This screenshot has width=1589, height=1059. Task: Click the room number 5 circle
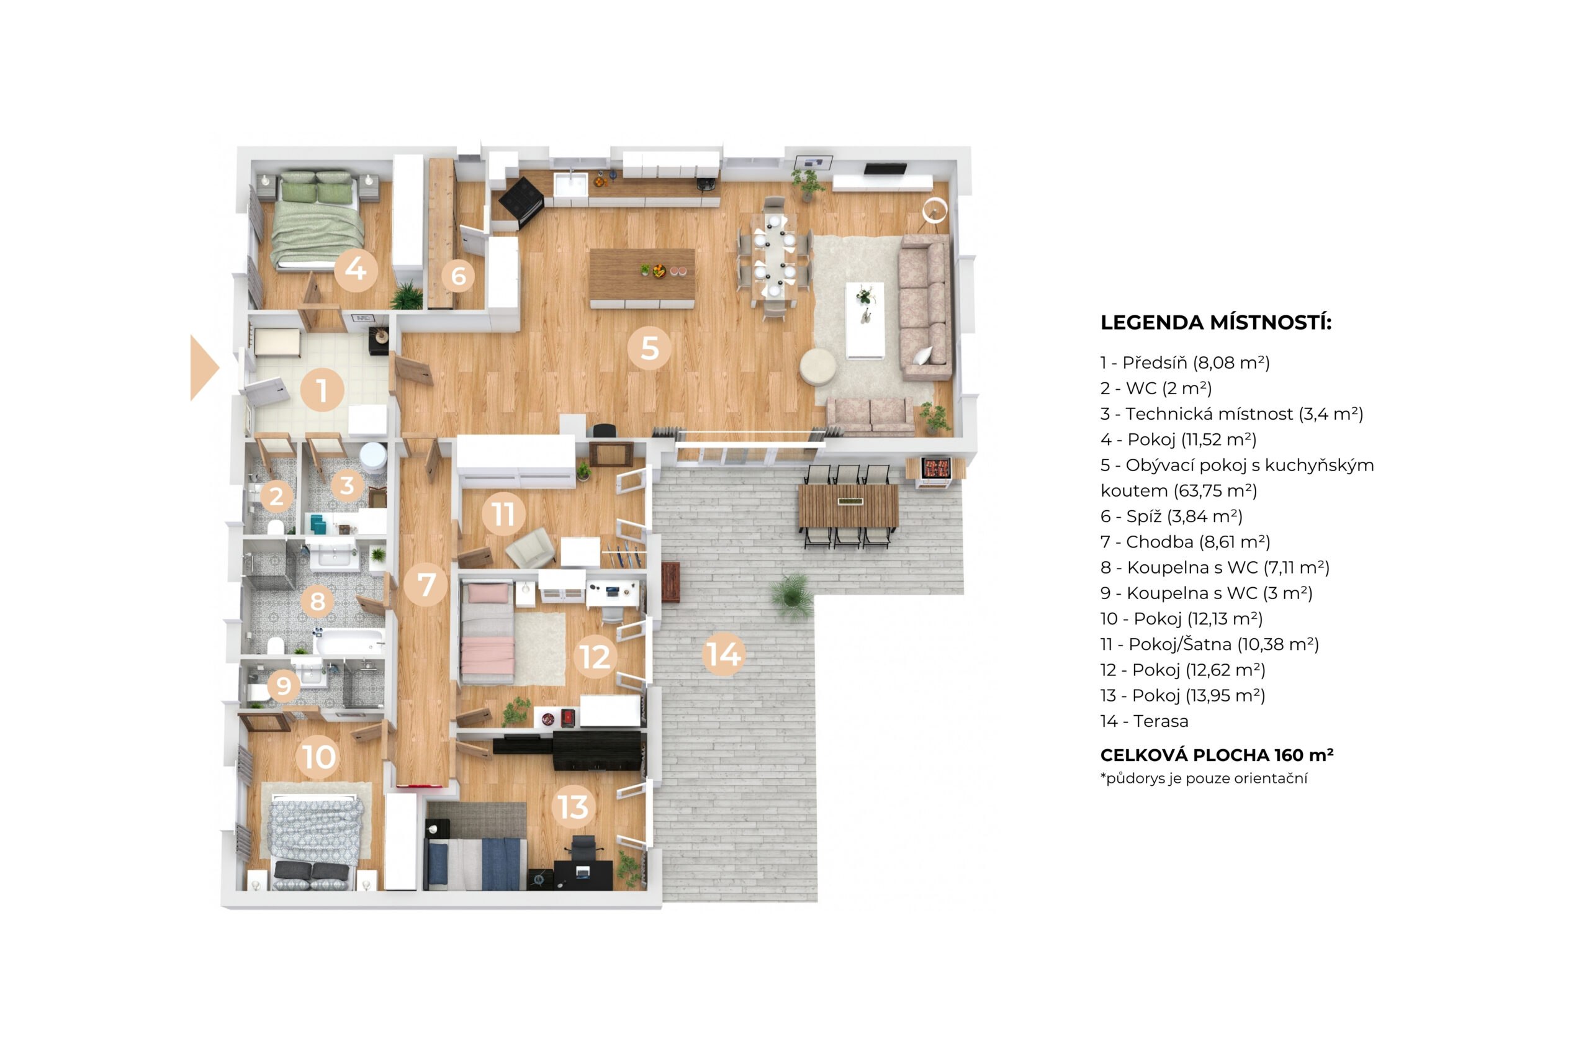649,348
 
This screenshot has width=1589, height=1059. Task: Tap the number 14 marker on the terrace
723,654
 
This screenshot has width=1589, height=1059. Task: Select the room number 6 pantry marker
459,276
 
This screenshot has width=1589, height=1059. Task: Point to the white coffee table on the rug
865,320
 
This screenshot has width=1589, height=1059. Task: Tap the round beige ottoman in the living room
819,367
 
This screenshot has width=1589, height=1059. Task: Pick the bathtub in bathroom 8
349,642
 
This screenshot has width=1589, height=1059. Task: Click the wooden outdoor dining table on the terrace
848,505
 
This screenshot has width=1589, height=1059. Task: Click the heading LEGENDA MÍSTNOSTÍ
1215,322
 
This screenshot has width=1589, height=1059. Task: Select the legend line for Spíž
1171,516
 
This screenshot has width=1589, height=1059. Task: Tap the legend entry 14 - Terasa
1144,721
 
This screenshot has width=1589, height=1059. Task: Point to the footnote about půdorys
1204,778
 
